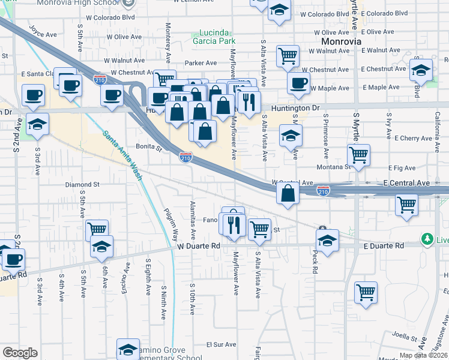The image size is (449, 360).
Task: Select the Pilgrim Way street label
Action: (172, 223)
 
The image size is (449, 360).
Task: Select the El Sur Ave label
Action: (221, 345)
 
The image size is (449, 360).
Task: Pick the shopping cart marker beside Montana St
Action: (358, 155)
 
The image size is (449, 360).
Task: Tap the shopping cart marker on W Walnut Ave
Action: (288, 56)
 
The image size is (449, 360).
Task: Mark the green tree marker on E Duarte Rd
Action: (427, 239)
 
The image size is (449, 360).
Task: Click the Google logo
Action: (20, 353)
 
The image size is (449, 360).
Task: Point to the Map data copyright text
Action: (423, 355)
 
